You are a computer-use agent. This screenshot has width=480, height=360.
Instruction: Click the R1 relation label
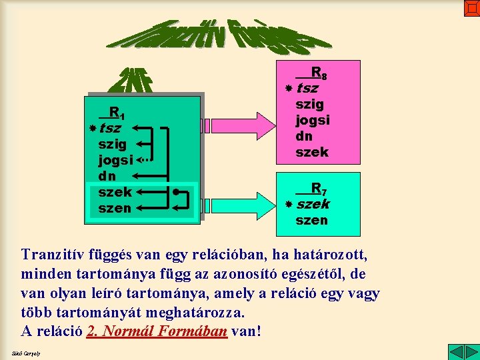coord(117,112)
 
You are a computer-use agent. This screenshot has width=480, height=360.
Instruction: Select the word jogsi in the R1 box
coord(115,160)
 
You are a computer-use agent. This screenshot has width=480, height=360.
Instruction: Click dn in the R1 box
coord(107,177)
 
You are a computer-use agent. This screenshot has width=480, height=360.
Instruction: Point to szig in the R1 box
coord(112,144)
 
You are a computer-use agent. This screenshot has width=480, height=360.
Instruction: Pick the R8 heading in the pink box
coord(317,72)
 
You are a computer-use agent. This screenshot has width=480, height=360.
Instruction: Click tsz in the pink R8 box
coord(307,88)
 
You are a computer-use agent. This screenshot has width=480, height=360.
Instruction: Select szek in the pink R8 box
coord(312,152)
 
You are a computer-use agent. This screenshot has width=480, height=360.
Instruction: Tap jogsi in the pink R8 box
coord(313,120)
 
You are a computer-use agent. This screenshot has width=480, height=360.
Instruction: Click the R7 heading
coord(318,189)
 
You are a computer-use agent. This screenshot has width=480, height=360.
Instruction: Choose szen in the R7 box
coord(311,220)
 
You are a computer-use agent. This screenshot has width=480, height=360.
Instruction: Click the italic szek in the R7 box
coord(313,204)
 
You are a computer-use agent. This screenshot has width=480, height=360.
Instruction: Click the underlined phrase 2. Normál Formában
coord(157,331)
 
